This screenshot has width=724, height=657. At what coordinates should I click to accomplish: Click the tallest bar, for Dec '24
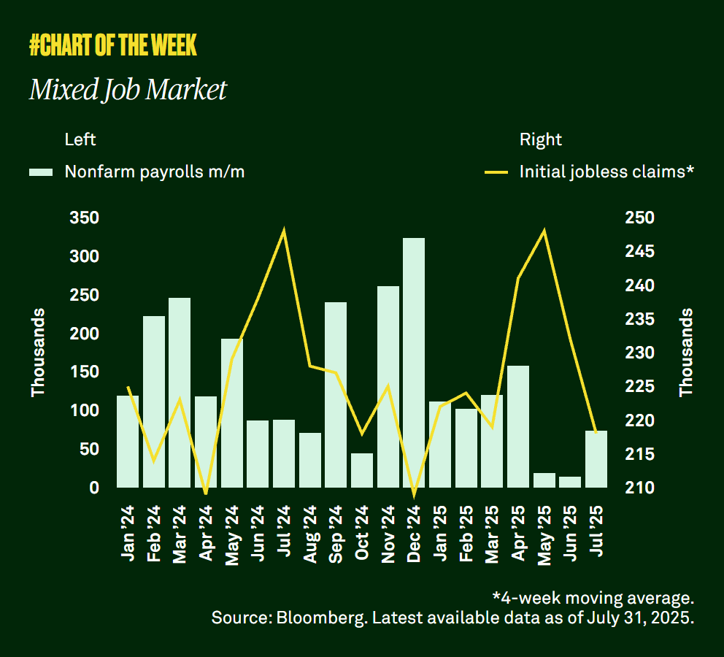414,362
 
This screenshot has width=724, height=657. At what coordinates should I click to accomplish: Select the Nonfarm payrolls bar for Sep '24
336,394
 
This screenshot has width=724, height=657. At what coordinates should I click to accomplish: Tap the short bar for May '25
544,480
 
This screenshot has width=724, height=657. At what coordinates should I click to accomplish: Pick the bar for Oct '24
362,470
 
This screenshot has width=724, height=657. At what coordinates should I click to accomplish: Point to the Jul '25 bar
596,458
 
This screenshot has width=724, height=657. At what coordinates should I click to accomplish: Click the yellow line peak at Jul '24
284,231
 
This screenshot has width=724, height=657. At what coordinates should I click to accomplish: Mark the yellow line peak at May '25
544,231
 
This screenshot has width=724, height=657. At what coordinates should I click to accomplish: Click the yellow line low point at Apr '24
206,493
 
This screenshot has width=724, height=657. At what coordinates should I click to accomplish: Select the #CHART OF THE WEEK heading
113,46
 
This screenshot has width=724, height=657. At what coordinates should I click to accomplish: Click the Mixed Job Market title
128,90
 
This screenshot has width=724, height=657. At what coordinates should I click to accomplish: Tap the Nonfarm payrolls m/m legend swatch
41,172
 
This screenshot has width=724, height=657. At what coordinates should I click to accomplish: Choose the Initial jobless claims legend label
606,172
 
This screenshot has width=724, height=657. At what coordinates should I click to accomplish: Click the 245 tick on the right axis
640,252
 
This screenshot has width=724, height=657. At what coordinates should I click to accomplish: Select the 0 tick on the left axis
94,488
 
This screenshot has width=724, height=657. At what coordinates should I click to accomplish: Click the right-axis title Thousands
686,353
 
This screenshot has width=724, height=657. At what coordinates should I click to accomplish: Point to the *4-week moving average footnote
592,598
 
